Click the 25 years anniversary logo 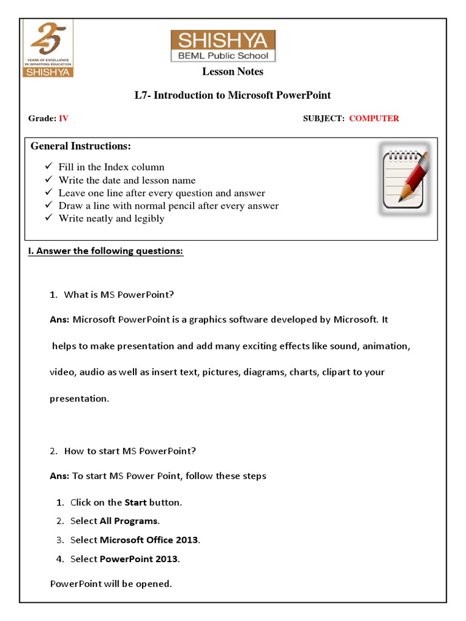tap(48, 49)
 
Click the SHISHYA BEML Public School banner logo tap(223, 46)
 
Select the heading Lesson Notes tap(232, 72)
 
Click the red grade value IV tap(63, 118)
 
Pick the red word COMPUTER tap(374, 118)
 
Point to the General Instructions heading tap(81, 146)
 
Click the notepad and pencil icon tap(404, 179)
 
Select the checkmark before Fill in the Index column tap(49, 167)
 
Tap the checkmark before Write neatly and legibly tap(49, 218)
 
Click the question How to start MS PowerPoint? tap(130, 451)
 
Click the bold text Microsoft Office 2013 tap(149, 540)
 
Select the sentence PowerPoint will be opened tap(111, 584)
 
